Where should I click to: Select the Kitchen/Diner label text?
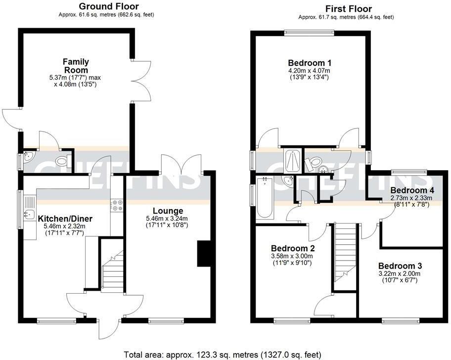pyautogui.click(x=65, y=219)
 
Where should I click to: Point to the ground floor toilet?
pyautogui.click(x=62, y=161)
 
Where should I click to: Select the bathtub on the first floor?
pyautogui.click(x=265, y=198)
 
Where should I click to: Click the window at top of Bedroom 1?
pyautogui.click(x=309, y=33)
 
